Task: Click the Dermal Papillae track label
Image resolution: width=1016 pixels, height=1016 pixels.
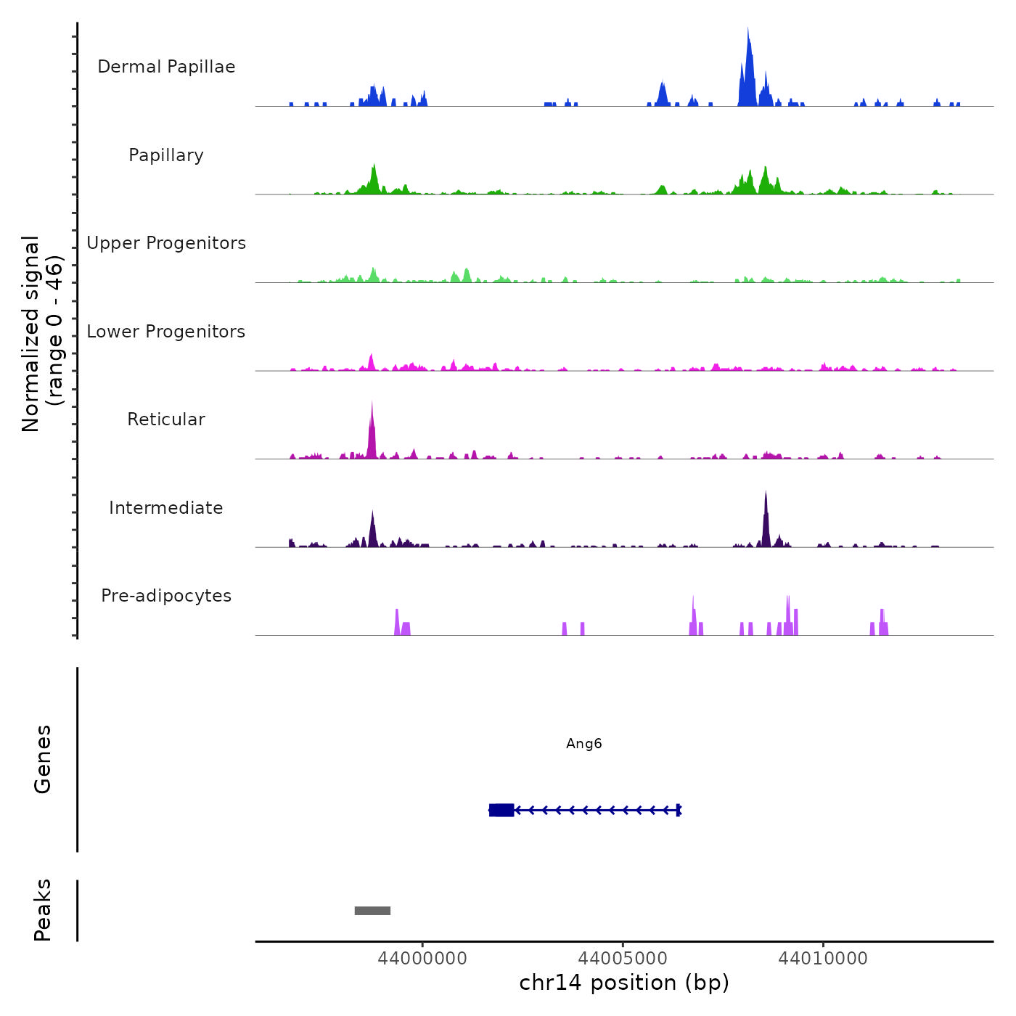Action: (166, 67)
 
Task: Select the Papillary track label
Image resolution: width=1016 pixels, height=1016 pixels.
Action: (166, 155)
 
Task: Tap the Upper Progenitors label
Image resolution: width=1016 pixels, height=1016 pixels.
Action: (166, 243)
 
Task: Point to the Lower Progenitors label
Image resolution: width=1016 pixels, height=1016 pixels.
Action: (166, 332)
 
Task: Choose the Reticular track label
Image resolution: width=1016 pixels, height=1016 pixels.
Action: (166, 419)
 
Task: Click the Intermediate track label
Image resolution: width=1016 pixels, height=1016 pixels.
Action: (166, 508)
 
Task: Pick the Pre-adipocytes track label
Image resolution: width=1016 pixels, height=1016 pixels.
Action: (166, 596)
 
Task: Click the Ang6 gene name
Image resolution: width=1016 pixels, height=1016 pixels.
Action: (584, 744)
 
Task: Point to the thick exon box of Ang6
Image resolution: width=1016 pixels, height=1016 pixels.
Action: (501, 810)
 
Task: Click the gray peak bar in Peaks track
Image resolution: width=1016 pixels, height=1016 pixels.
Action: (372, 911)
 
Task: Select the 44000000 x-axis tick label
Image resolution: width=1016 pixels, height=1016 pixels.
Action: (422, 959)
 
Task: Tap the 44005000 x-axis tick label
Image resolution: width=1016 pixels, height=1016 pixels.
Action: (623, 959)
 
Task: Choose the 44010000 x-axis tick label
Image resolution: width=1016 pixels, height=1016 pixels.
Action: (823, 959)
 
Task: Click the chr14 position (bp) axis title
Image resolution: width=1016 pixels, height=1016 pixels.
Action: (624, 983)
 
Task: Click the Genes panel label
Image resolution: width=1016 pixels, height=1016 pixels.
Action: (43, 759)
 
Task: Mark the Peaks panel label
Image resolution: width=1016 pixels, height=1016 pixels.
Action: (43, 910)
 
